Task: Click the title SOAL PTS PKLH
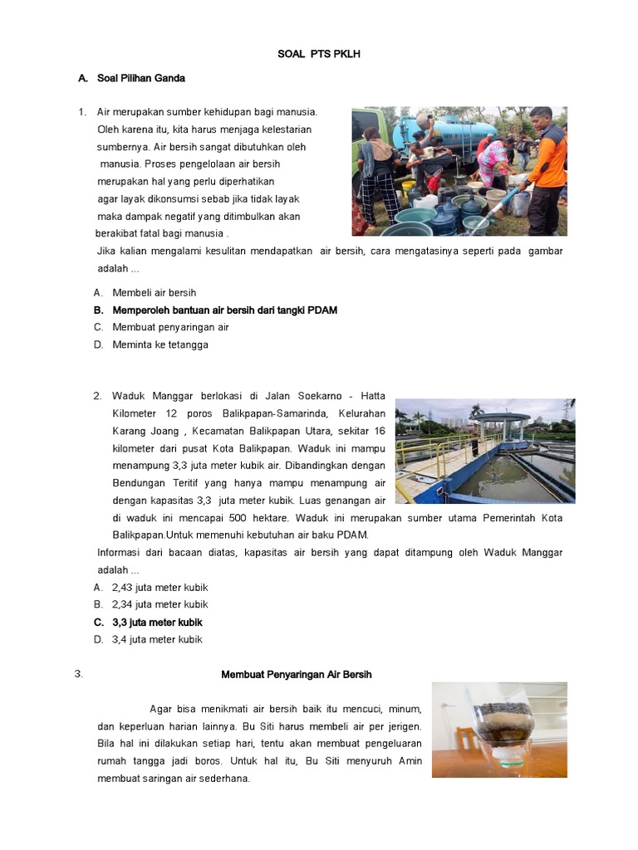(x=319, y=54)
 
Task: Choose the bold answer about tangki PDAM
(x=224, y=310)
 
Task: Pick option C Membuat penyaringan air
(x=170, y=327)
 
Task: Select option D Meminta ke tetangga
(x=159, y=344)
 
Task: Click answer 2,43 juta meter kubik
(x=159, y=588)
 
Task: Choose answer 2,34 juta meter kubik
(x=159, y=604)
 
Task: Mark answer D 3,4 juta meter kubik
(x=157, y=639)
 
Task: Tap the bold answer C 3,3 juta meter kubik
(x=157, y=622)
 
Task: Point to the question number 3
(x=79, y=674)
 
